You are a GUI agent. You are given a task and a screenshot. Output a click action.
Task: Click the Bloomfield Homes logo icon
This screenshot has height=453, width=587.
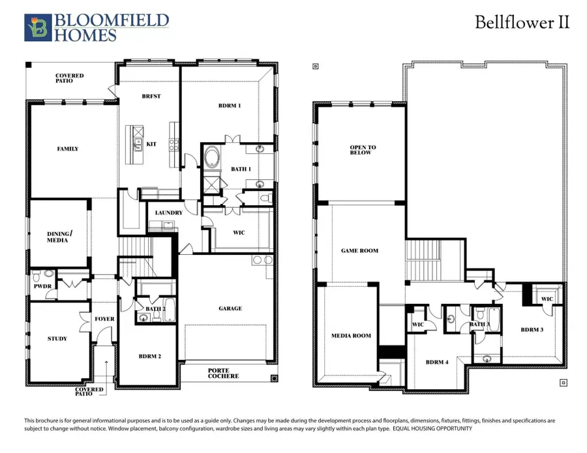[x=37, y=27]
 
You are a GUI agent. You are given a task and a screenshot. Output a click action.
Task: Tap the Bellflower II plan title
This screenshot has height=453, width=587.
[x=522, y=22]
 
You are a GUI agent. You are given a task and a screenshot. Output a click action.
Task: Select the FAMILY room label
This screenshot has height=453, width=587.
[x=67, y=149]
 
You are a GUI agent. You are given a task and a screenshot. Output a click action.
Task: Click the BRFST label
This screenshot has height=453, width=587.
[x=151, y=96]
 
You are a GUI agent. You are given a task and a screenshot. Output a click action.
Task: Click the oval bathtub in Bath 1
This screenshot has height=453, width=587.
[x=213, y=158]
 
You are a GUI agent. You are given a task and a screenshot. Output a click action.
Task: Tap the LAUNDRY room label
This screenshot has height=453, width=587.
[x=168, y=212]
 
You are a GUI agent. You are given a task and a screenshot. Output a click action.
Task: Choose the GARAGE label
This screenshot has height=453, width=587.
[x=230, y=308]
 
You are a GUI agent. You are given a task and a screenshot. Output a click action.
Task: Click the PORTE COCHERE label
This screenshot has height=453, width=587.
[x=223, y=373]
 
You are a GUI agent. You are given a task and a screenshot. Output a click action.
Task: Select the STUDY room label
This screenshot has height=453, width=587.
[x=57, y=338]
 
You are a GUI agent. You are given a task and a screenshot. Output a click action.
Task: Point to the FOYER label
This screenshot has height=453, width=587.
[x=104, y=319]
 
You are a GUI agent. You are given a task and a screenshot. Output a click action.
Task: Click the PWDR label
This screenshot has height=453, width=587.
[x=41, y=285]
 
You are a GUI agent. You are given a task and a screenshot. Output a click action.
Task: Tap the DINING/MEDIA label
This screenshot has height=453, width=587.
[x=57, y=237]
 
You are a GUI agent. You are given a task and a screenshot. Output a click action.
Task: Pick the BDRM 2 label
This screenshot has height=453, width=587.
[x=149, y=356]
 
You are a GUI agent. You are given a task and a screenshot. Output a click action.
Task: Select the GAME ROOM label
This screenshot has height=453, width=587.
[x=360, y=250]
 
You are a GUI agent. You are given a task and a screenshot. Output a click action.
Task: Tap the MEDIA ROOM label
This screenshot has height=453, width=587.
[x=352, y=336]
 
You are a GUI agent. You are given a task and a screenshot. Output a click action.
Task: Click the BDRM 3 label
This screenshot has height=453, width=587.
[x=532, y=330]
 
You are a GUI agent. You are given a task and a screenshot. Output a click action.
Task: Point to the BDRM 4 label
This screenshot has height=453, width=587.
[x=437, y=362]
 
